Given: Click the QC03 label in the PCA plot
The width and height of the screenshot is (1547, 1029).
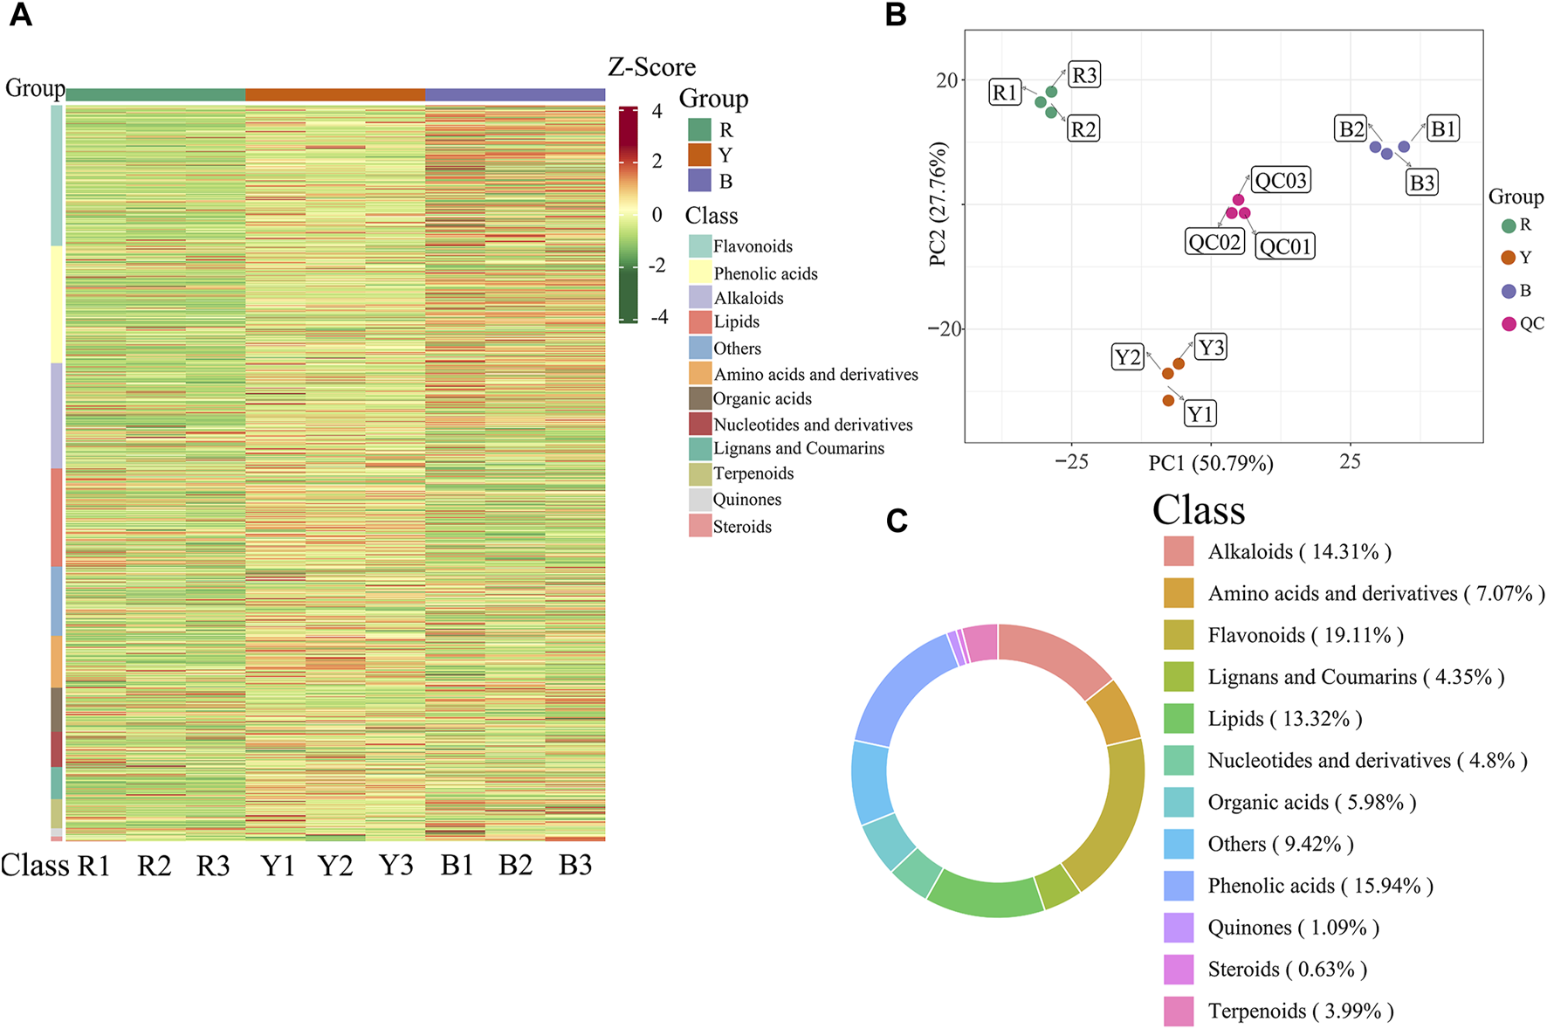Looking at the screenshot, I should pyautogui.click(x=1281, y=181).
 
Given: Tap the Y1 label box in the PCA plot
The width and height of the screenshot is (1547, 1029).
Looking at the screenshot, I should pyautogui.click(x=1200, y=413).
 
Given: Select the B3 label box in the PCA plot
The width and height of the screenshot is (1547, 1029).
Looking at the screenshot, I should pyautogui.click(x=1422, y=183).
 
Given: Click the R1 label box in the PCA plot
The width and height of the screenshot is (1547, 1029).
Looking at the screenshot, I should pyautogui.click(x=1006, y=93).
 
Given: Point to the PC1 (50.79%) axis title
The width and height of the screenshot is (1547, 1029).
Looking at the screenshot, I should pyautogui.click(x=1210, y=463).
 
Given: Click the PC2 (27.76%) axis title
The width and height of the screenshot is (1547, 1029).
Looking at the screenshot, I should pyautogui.click(x=939, y=204).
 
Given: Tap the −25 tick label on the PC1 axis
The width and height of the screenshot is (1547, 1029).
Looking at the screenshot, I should pyautogui.click(x=1071, y=462).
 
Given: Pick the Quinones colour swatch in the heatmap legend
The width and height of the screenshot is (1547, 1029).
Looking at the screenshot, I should pyautogui.click(x=699, y=500).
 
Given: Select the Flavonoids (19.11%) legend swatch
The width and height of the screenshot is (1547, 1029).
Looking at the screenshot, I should pyautogui.click(x=1178, y=635).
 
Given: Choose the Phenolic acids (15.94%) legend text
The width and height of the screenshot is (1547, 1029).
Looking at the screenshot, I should pyautogui.click(x=1320, y=886).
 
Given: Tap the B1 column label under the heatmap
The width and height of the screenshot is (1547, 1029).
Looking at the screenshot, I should pyautogui.click(x=457, y=866).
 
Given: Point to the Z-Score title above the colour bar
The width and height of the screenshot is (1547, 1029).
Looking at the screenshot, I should pyautogui.click(x=651, y=67).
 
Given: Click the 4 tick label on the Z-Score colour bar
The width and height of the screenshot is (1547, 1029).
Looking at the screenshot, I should pyautogui.click(x=657, y=112).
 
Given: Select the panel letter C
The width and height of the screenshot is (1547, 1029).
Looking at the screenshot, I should pyautogui.click(x=897, y=521).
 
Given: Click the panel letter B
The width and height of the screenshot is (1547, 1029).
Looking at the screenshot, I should pyautogui.click(x=896, y=15).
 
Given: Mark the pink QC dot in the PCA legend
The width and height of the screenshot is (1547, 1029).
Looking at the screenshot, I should pyautogui.click(x=1509, y=324).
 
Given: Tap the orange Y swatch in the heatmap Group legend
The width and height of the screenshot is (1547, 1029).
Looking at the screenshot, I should pyautogui.click(x=699, y=155).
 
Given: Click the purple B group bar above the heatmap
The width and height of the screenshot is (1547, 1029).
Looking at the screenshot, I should pyautogui.click(x=515, y=94).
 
